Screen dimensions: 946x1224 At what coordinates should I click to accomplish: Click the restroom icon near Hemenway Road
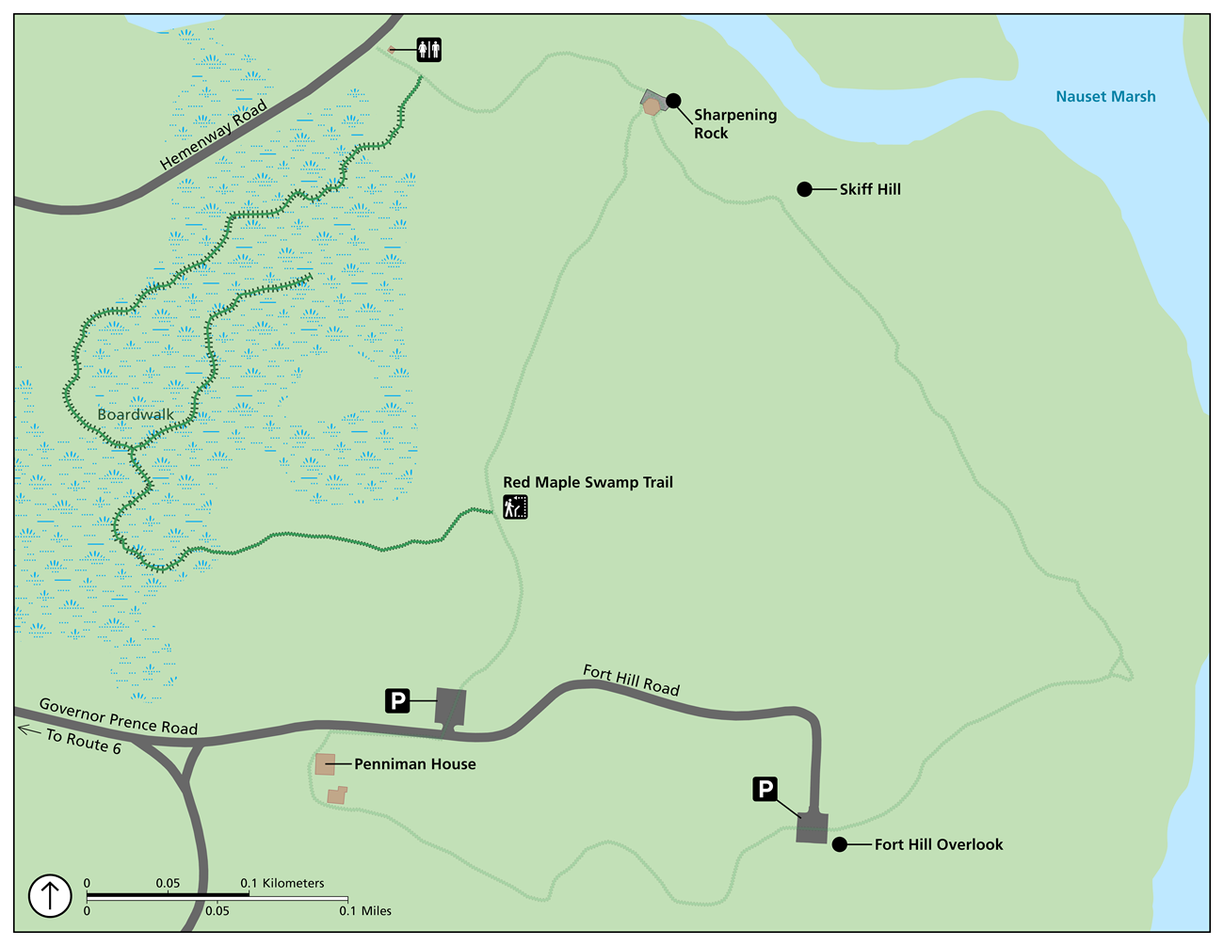[x=428, y=50]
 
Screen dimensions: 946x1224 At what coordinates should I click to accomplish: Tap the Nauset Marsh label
[x=1105, y=96]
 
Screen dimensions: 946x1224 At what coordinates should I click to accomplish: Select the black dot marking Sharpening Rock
[x=673, y=101]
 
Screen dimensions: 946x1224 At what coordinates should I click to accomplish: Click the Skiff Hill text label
[x=870, y=189]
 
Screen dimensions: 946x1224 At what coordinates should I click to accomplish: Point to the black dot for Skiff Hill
[x=804, y=189]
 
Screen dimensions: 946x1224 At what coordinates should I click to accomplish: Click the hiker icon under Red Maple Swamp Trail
[x=515, y=507]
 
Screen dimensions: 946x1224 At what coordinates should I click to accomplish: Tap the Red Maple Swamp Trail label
[x=588, y=482]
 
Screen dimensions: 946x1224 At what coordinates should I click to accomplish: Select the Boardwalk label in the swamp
[x=136, y=414]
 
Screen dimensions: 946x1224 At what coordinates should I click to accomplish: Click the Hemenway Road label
[x=214, y=136]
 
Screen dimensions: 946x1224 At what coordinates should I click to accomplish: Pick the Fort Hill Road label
[x=631, y=680]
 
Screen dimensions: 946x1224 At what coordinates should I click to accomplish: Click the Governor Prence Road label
[x=119, y=716]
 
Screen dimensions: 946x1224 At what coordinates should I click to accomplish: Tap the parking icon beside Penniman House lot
[x=398, y=700]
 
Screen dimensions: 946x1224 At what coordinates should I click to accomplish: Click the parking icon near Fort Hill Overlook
[x=765, y=789]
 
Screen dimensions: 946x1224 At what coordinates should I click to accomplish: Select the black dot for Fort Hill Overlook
[x=839, y=844]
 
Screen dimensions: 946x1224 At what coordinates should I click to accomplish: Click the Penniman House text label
[x=414, y=764]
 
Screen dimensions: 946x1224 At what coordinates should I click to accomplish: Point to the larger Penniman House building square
[x=325, y=763]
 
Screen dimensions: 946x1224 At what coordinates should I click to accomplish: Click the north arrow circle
[x=50, y=895]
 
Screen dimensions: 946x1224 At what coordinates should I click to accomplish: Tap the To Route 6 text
[x=84, y=742]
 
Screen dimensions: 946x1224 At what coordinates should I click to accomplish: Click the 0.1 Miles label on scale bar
[x=365, y=910]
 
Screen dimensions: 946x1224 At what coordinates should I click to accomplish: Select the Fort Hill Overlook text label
[x=939, y=844]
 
